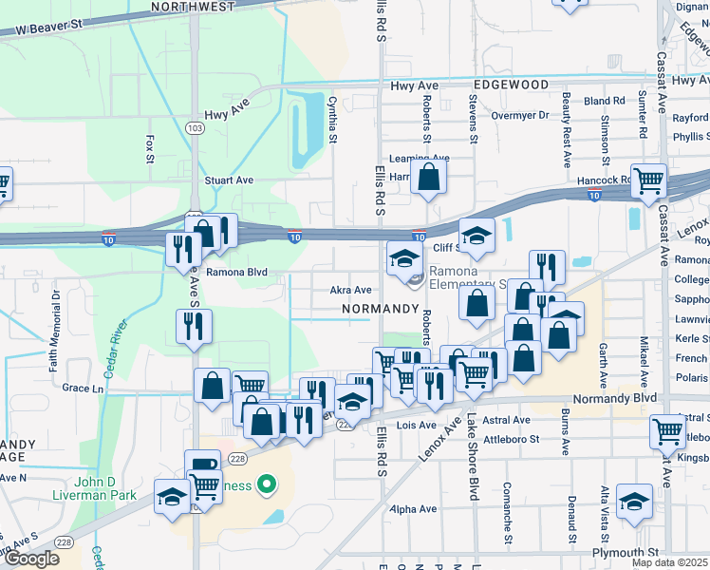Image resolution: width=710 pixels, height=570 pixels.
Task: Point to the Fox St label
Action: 150,148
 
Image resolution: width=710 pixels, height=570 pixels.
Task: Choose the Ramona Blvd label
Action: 237,272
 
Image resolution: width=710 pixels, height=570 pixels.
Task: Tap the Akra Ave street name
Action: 350,290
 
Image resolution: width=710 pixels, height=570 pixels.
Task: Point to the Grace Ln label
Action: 83,388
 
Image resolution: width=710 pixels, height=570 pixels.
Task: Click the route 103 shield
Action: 195,128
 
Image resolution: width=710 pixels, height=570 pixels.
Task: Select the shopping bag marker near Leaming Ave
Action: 429,176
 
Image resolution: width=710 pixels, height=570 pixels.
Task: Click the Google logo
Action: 31,559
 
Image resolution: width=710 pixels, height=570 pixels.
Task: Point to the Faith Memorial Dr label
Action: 57,318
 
